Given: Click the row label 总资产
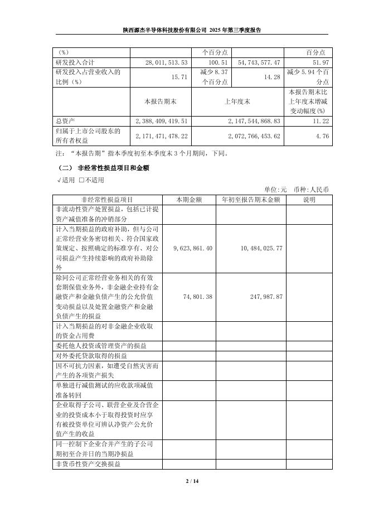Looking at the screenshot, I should [66, 120].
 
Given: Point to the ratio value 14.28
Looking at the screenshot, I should [273, 77].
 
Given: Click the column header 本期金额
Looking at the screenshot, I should [189, 199].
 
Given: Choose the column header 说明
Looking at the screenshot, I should [309, 199].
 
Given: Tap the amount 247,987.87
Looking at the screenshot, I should [264, 297].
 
